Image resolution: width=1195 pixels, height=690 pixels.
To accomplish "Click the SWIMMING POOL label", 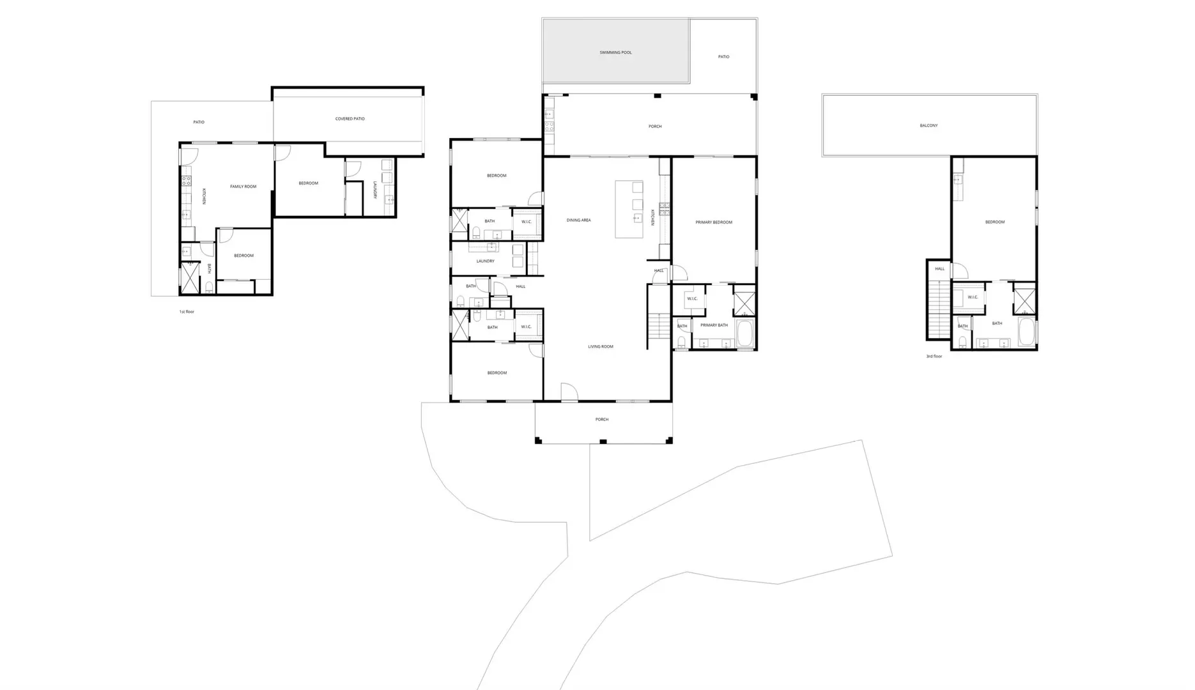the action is tap(615, 52).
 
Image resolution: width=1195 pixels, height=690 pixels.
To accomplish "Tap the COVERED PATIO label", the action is tap(350, 119).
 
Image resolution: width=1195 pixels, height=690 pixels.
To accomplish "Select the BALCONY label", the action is tap(929, 126).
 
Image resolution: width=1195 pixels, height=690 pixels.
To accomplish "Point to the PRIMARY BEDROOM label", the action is tap(714, 222).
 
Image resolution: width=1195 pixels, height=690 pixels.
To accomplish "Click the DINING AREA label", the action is tap(578, 220).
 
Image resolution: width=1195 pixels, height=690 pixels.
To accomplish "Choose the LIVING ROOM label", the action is tap(601, 347).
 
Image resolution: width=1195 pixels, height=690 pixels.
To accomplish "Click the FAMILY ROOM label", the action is tap(243, 187).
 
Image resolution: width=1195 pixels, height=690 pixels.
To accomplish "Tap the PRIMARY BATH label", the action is tap(714, 325).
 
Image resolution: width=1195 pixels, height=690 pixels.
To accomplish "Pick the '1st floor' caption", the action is tap(187, 312).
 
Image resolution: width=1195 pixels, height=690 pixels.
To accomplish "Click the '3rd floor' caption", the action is tap(934, 356).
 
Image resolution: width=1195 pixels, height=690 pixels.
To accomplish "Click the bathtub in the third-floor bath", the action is tap(1026, 332).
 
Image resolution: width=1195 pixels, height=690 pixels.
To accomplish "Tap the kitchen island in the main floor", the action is tap(629, 209).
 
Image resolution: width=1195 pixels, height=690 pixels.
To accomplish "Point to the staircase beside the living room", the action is tap(659, 328).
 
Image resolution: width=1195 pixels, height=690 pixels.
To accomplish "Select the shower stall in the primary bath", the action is tap(744, 303).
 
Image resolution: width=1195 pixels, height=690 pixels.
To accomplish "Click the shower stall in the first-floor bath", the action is tap(190, 277).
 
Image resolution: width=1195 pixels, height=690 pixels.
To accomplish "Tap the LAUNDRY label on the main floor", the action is tap(485, 261).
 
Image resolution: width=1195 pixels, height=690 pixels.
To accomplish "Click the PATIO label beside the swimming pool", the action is tap(723, 57).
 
